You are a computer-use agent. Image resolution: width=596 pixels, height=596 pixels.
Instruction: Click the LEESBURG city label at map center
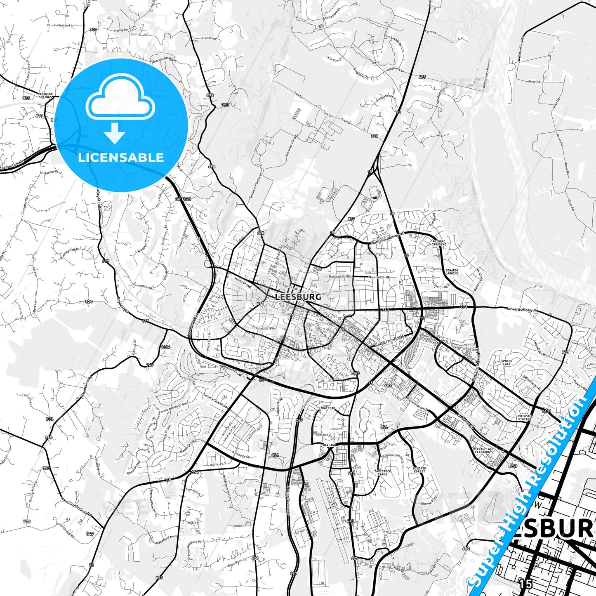click(x=298, y=297)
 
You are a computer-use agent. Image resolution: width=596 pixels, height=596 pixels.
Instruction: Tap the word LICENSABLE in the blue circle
click(x=121, y=157)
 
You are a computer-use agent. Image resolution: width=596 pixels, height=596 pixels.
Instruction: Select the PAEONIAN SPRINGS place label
click(x=45, y=95)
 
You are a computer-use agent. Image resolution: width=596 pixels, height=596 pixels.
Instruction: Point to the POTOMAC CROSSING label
click(x=439, y=243)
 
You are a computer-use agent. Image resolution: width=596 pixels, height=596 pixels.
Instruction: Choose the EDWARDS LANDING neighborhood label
click(x=452, y=272)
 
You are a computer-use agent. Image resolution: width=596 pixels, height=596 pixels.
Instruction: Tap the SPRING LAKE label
click(x=506, y=363)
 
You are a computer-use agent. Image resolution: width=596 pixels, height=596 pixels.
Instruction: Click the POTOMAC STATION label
click(x=525, y=417)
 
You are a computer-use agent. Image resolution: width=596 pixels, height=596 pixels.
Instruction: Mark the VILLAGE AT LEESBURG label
click(x=483, y=450)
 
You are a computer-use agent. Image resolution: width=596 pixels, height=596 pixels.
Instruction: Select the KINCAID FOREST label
click(x=419, y=470)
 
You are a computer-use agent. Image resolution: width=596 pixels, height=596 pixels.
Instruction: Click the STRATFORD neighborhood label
click(x=327, y=408)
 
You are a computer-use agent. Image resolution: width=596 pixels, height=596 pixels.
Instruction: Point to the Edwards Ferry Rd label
click(x=523, y=309)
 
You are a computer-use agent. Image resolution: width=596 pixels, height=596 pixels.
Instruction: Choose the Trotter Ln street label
click(x=209, y=38)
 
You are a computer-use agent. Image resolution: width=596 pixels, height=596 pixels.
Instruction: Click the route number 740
click(x=374, y=136)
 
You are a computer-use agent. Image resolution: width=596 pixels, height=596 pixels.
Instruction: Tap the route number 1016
click(x=165, y=347)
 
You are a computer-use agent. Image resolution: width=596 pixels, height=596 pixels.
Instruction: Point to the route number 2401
click(x=546, y=411)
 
